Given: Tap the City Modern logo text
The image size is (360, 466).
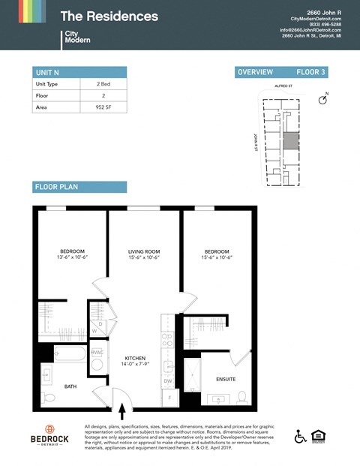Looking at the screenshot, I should [78, 36].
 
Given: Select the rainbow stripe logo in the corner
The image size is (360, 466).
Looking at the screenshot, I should [22, 11].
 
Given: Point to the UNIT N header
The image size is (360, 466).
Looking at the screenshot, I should [47, 72].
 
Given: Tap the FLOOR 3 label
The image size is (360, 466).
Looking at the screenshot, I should [310, 72].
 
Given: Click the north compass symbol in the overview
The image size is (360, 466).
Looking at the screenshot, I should [324, 99].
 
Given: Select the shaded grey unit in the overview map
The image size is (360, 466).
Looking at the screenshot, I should [289, 142].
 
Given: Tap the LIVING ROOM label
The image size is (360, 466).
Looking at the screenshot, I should [142, 251].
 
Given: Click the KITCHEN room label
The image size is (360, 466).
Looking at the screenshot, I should [135, 359].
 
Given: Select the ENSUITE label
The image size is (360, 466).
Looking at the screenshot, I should [226, 379].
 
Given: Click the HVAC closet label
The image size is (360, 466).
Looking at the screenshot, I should [97, 352].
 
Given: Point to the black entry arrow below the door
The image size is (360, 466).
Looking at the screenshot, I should [122, 410].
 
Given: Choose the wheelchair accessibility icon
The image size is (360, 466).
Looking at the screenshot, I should [300, 436].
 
